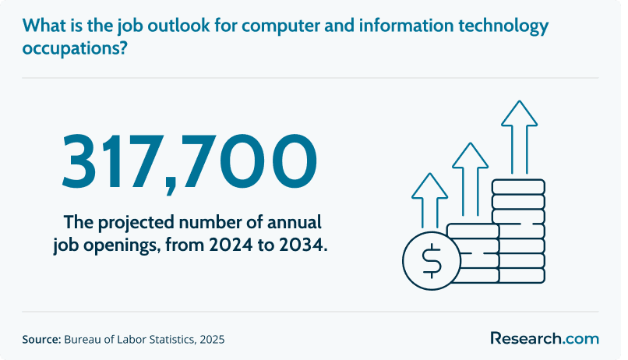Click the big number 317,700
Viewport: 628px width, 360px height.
[189, 162]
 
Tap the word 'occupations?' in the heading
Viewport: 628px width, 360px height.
[75, 49]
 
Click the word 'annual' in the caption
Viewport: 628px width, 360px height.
[295, 222]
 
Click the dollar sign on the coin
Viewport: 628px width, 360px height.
[432, 261]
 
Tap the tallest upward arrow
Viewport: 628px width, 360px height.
[519, 136]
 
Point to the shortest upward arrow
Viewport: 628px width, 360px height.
[430, 200]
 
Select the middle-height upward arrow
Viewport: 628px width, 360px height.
[470, 178]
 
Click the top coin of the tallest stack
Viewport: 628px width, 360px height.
[518, 187]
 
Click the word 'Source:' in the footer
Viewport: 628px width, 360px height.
[41, 340]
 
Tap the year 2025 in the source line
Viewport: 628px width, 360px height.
[212, 340]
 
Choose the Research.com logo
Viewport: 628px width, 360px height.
[545, 338]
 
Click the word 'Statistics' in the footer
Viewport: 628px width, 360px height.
[172, 340]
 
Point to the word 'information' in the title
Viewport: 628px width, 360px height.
[406, 26]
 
